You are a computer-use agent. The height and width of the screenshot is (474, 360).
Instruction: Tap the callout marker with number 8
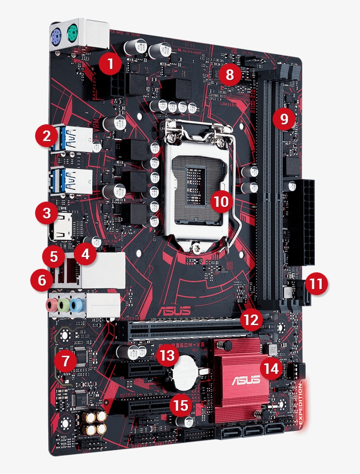(230, 74)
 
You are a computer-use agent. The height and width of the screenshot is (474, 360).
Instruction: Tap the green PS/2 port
(73, 32)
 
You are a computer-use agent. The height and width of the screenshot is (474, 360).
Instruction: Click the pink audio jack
(52, 304)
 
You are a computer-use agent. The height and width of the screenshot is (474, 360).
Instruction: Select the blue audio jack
(76, 304)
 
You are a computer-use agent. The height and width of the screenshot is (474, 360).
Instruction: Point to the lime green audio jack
(64, 304)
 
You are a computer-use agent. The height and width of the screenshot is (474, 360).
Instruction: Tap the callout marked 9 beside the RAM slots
(284, 119)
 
